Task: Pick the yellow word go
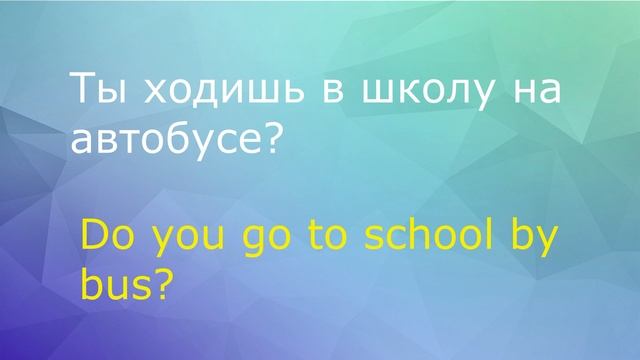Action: click(263, 246)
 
